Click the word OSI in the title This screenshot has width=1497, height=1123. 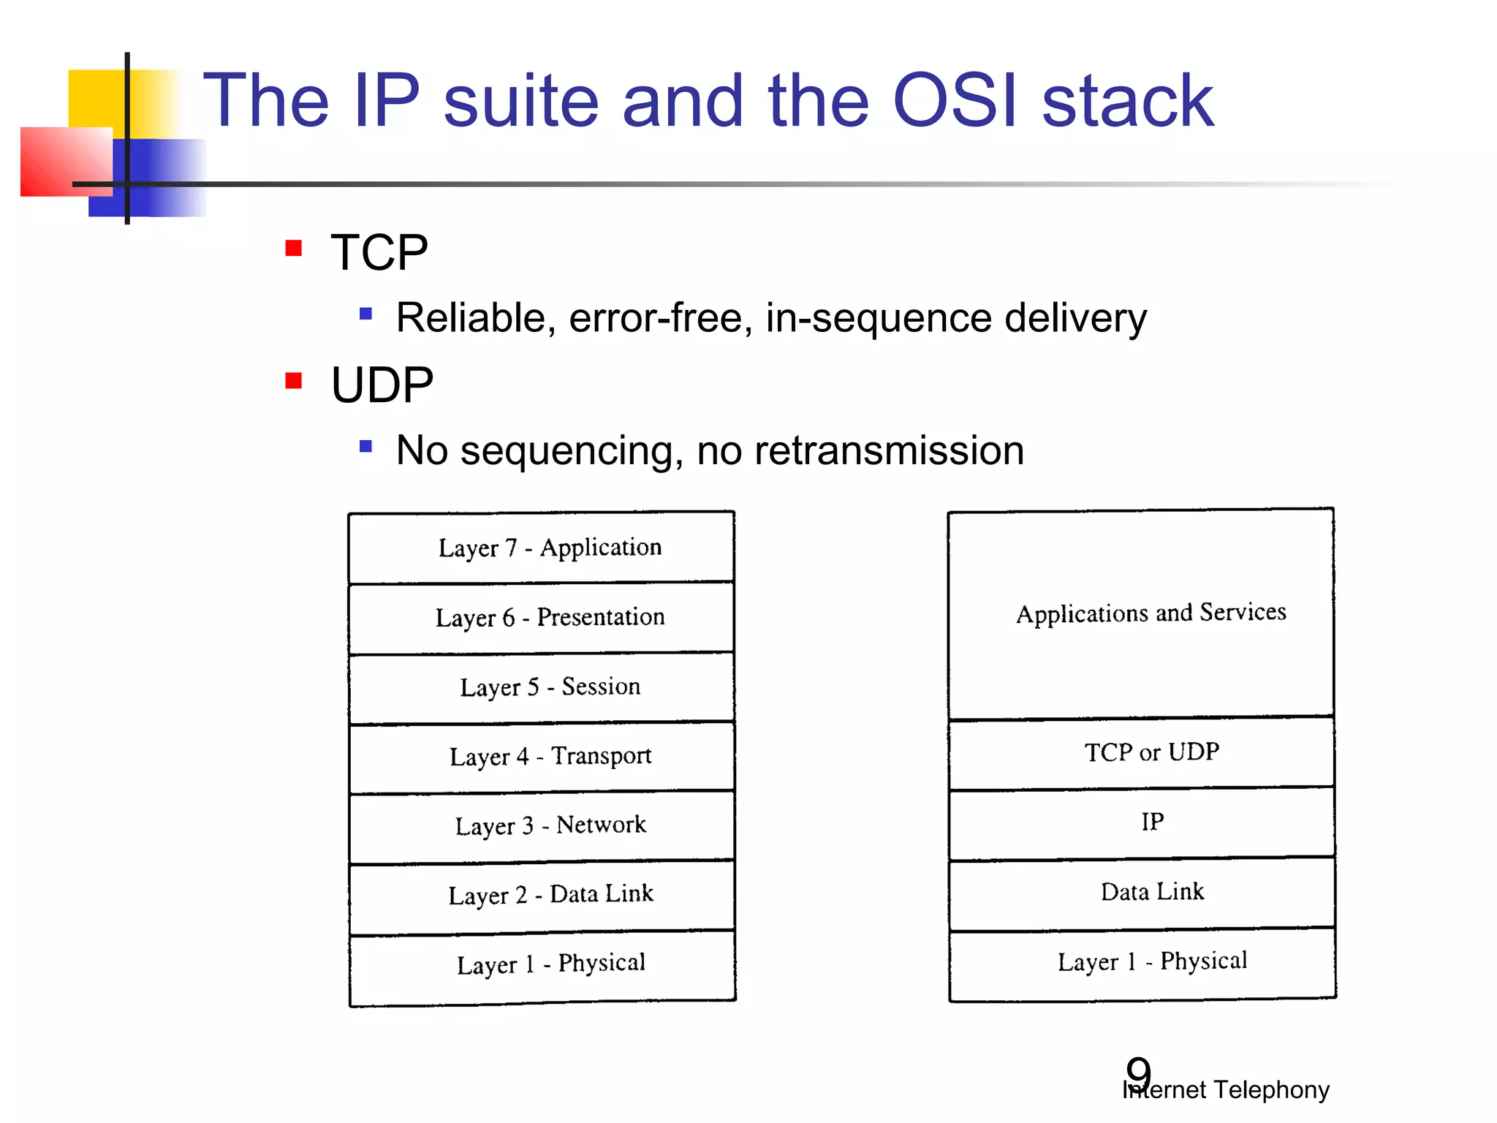(955, 101)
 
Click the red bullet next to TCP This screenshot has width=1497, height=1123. (293, 249)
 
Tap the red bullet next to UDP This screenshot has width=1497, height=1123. (293, 381)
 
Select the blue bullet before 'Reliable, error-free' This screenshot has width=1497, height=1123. (365, 314)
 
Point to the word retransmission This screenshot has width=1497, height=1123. (889, 450)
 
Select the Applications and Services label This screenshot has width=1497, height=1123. (1151, 613)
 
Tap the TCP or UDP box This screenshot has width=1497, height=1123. (1151, 752)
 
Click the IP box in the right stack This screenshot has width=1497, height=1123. (1151, 822)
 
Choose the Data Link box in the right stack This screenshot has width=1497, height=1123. (1151, 892)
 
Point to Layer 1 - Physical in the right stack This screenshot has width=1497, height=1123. (1151, 961)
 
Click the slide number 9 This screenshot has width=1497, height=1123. (1138, 1072)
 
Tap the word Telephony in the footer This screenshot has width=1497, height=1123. (1271, 1090)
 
